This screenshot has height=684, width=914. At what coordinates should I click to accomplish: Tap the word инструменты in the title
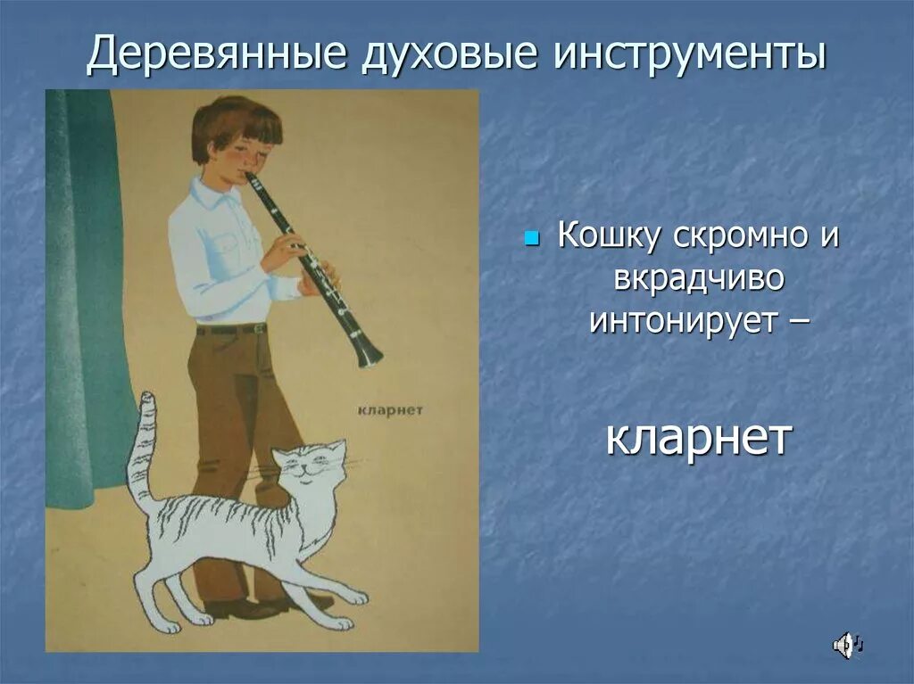691,55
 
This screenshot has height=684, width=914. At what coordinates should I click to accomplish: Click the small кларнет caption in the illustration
389,409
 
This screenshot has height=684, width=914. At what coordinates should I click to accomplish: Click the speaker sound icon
844,644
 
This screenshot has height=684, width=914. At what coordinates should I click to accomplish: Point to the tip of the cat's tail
147,399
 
